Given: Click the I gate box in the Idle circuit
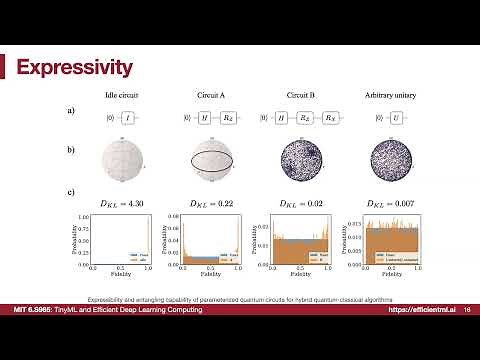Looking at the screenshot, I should (128, 118).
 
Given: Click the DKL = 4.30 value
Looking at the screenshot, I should (123, 205).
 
